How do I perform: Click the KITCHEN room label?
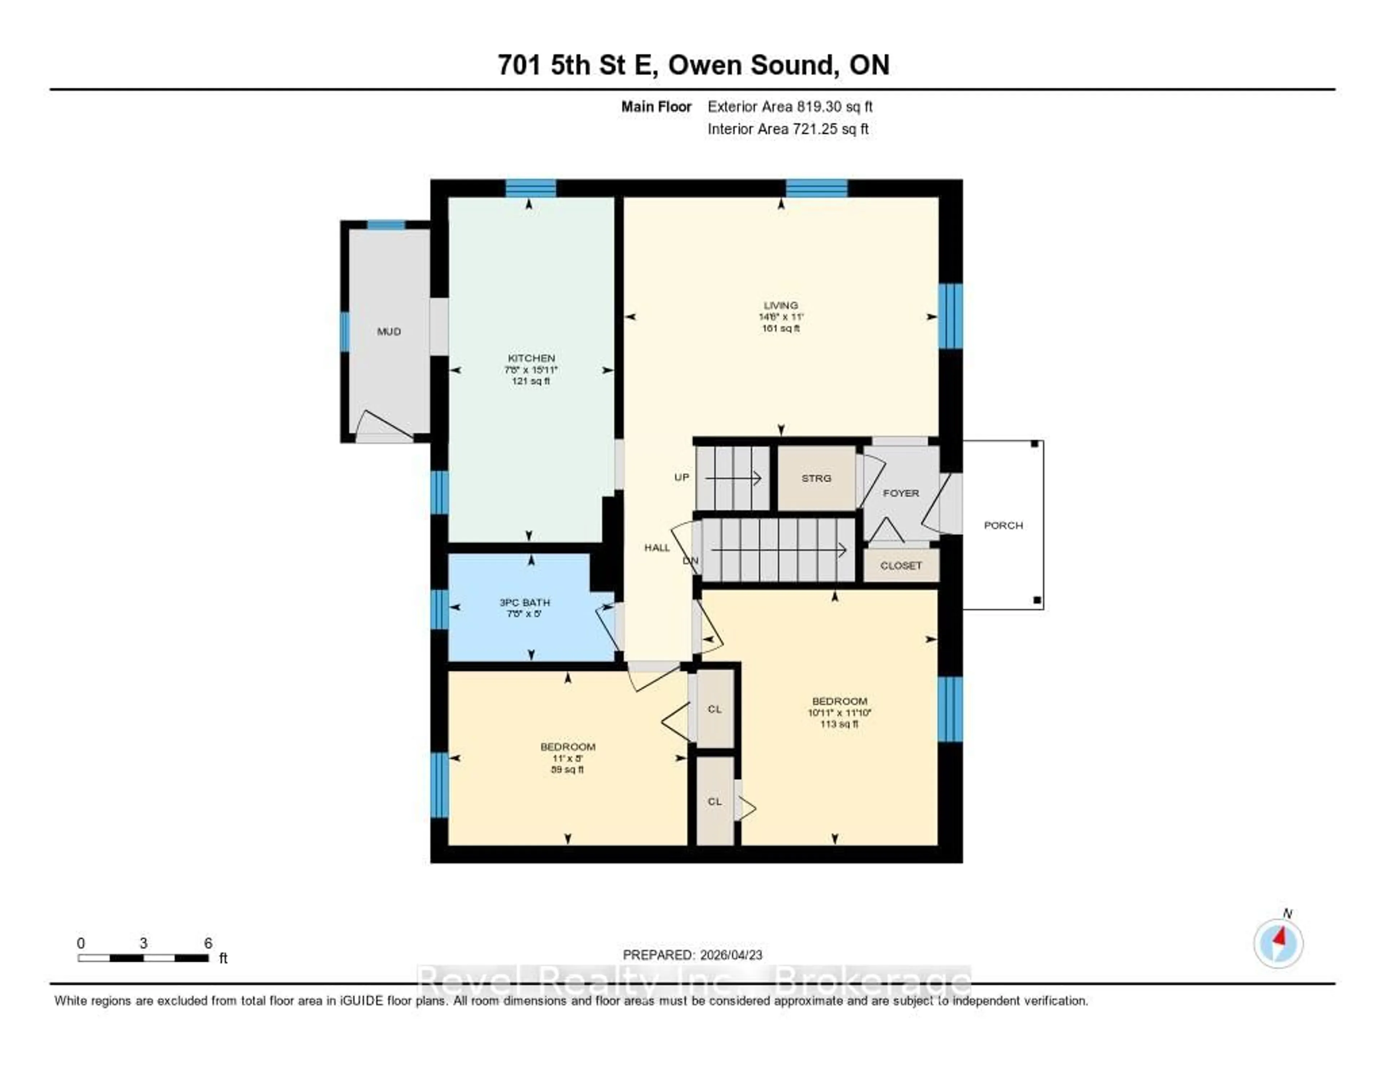(x=531, y=358)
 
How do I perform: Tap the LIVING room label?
(x=781, y=305)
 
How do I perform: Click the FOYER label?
(x=901, y=493)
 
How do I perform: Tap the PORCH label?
(x=1003, y=525)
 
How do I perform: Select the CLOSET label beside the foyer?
(x=901, y=565)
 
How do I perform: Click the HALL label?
(x=657, y=547)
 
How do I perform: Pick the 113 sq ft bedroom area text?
(x=839, y=724)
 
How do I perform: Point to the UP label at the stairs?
(x=682, y=477)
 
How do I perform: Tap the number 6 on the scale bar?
(x=208, y=943)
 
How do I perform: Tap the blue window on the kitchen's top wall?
(x=531, y=188)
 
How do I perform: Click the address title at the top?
(x=693, y=65)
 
